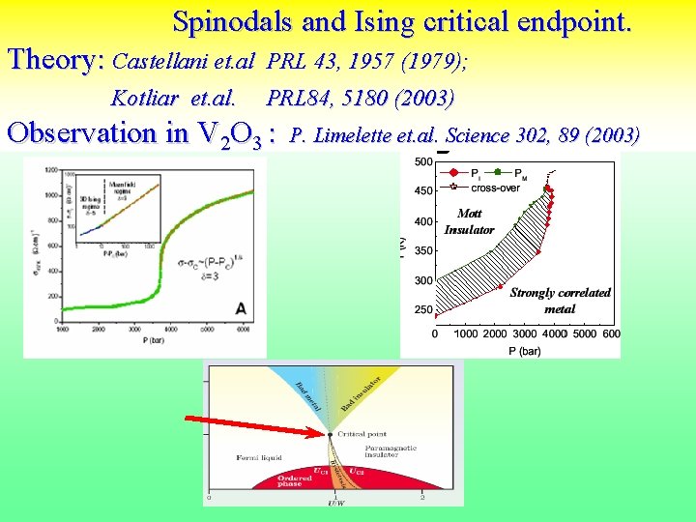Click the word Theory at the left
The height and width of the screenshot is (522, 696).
(x=55, y=60)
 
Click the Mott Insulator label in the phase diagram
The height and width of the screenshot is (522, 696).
(x=470, y=221)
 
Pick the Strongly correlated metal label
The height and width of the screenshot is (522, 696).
(x=560, y=301)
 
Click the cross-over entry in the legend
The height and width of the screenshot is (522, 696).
(x=496, y=188)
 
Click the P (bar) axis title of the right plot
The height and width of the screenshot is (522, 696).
(x=523, y=351)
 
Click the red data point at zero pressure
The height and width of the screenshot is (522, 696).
(x=435, y=315)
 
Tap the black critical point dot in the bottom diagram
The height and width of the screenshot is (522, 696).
(x=331, y=435)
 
